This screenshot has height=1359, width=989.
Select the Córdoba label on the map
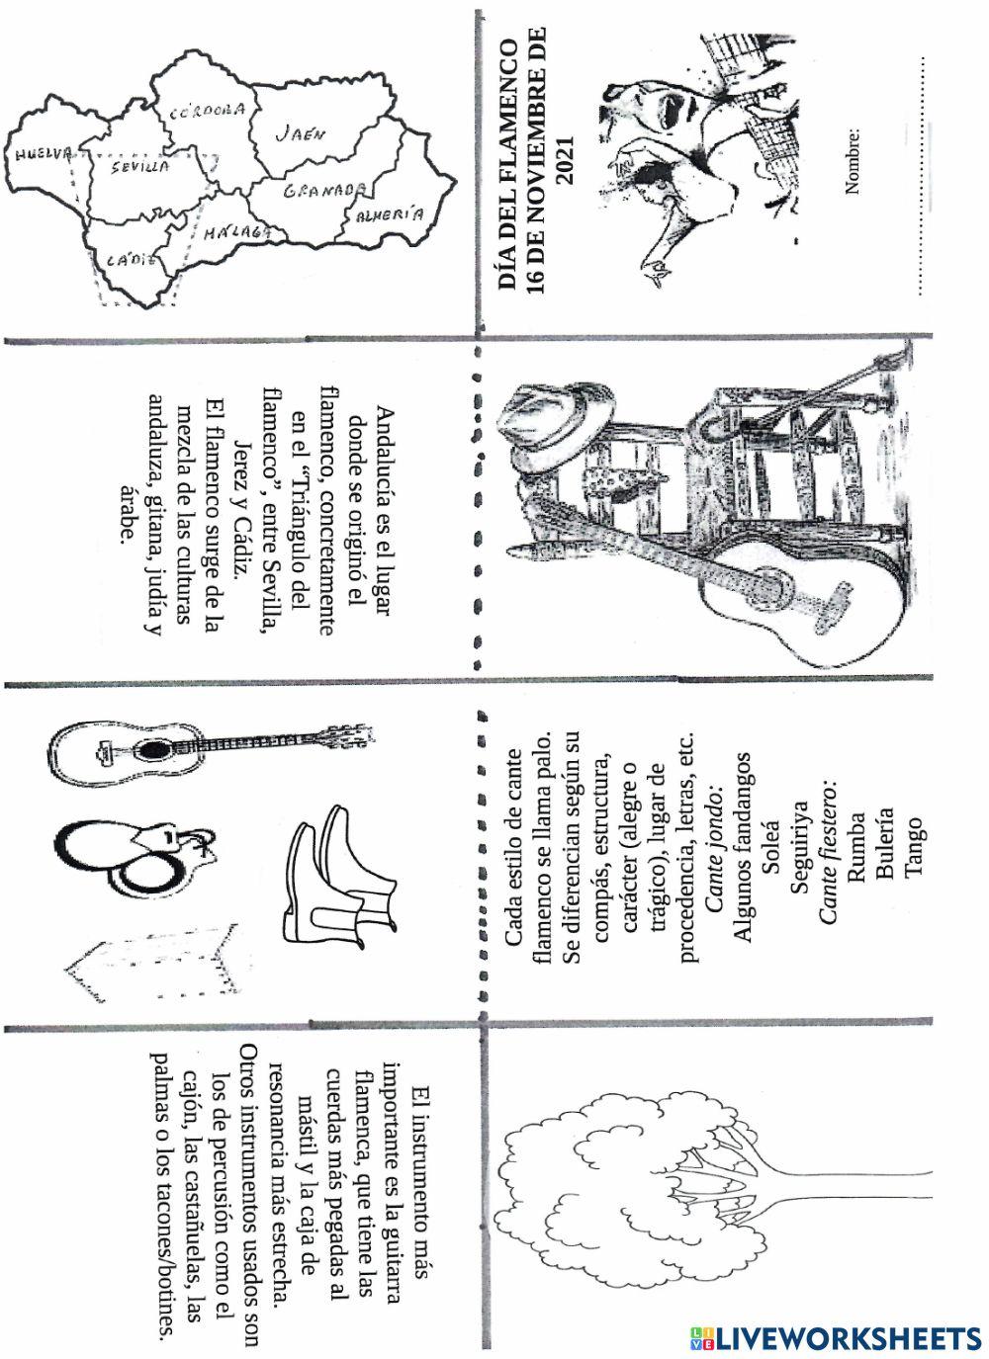click(x=207, y=113)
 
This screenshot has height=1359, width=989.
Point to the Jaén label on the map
click(x=300, y=133)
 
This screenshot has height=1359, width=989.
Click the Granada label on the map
click(x=325, y=190)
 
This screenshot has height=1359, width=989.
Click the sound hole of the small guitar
click(x=148, y=750)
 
